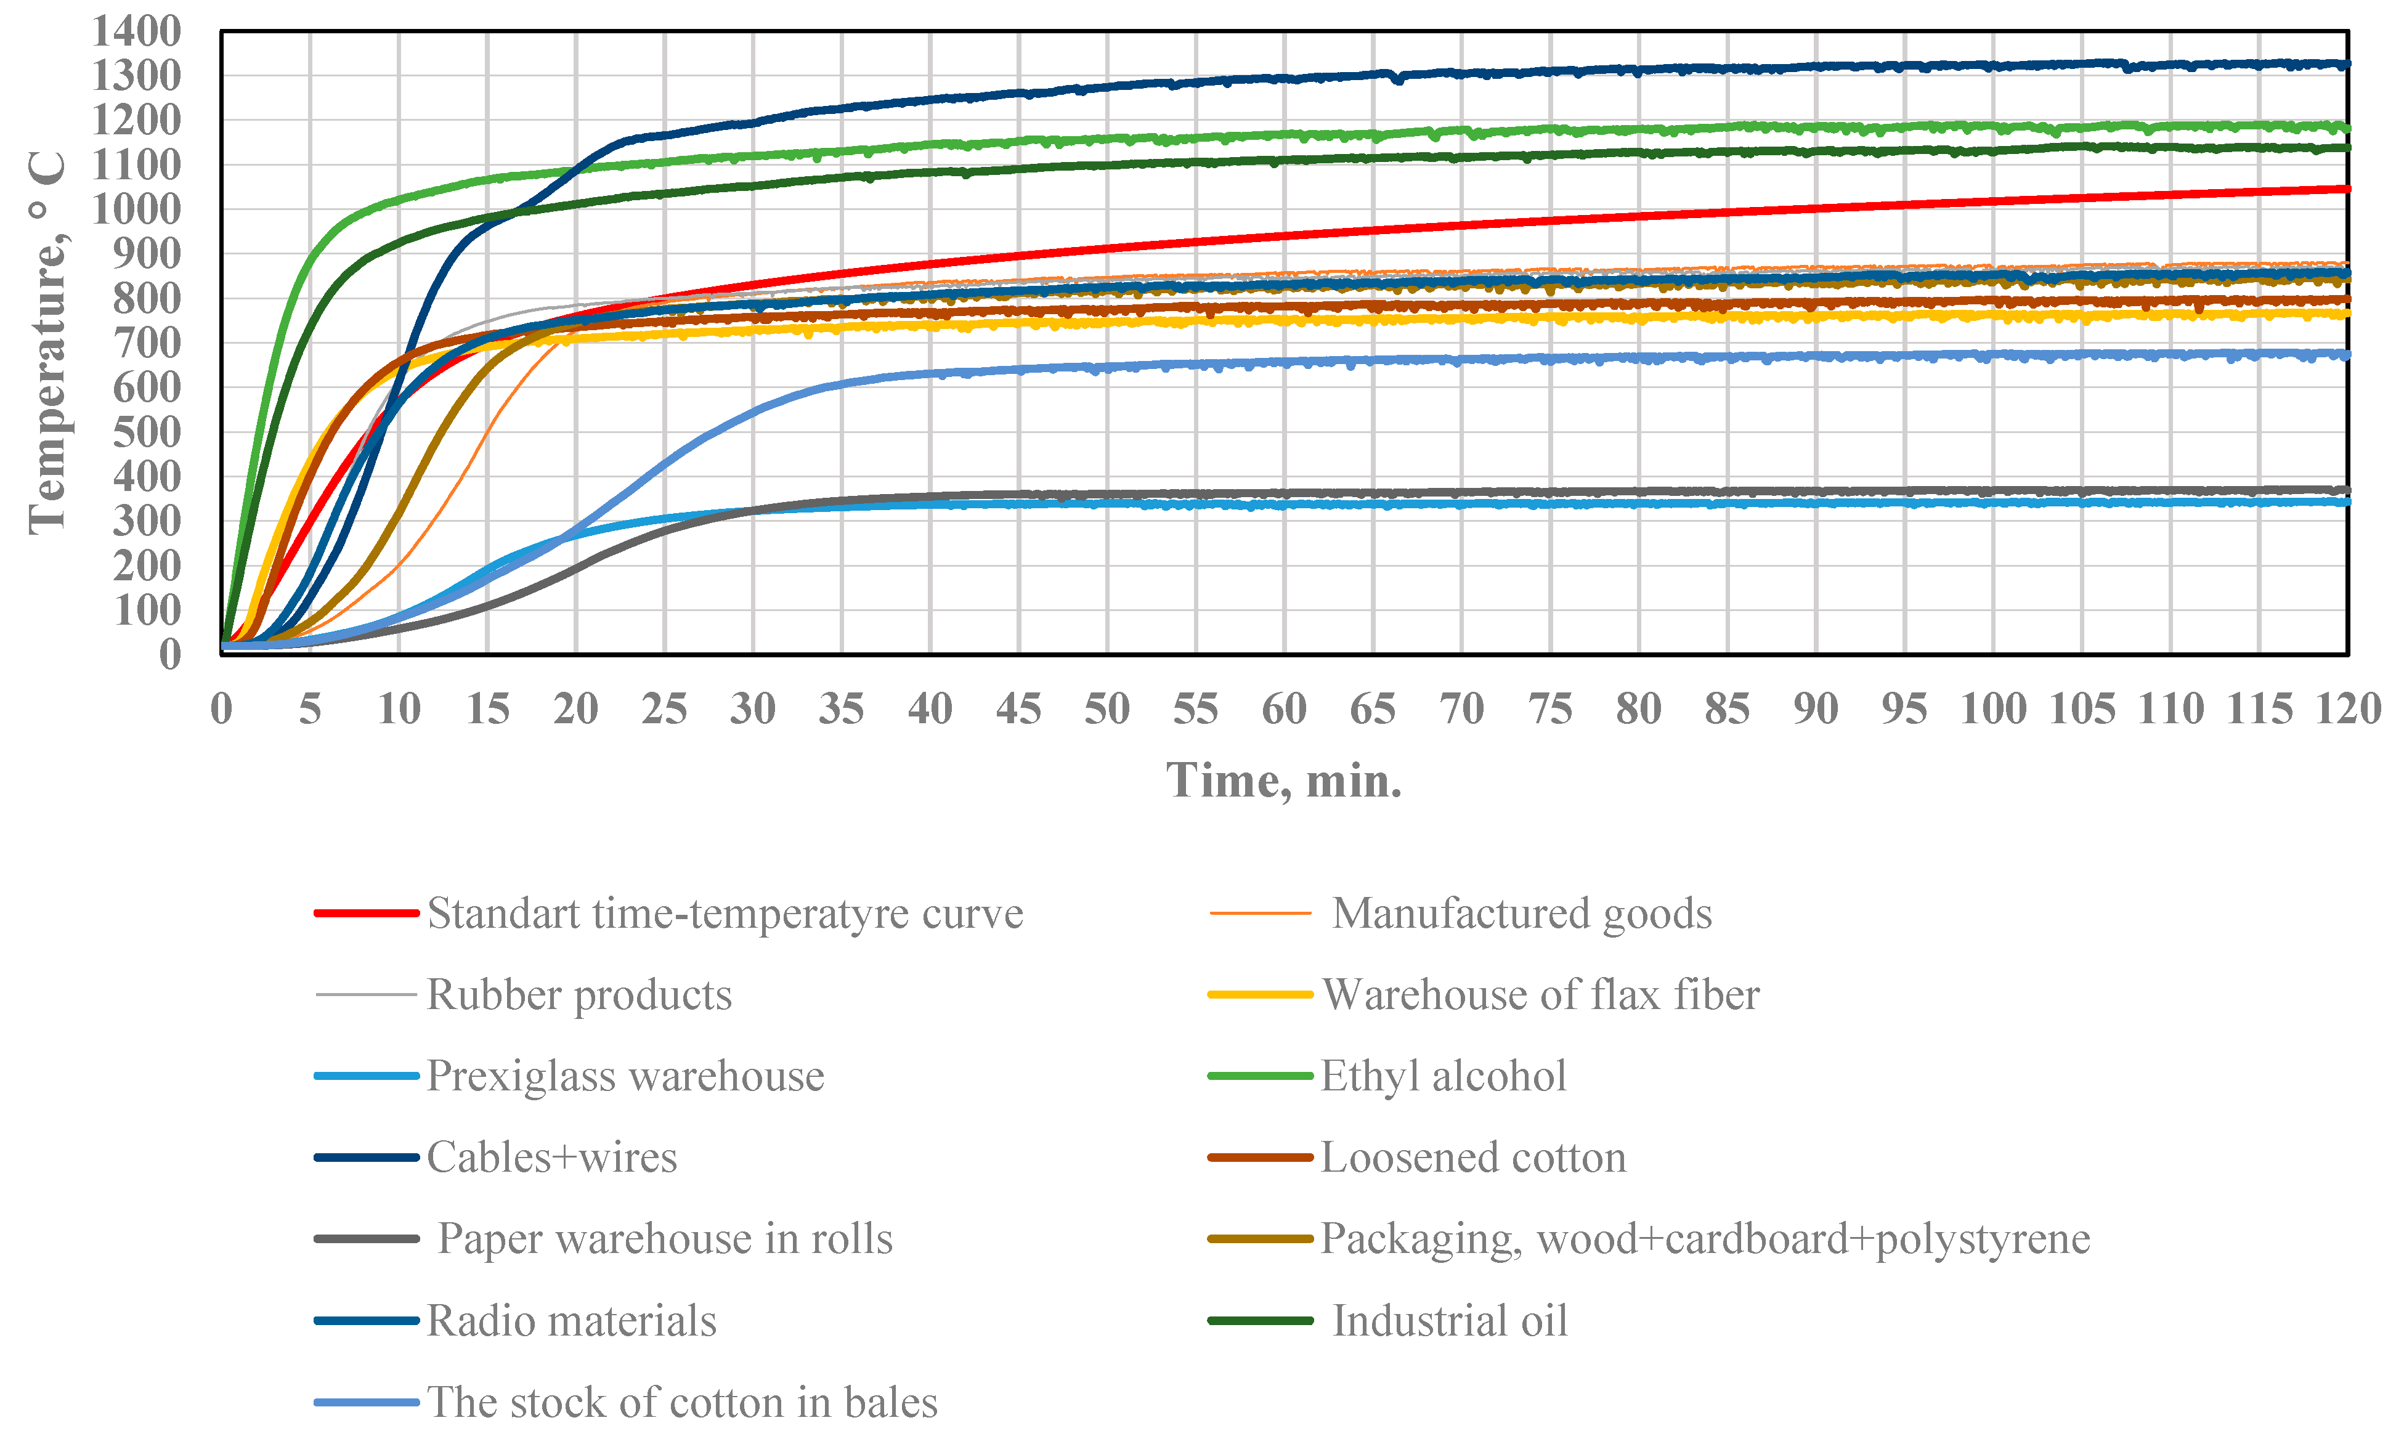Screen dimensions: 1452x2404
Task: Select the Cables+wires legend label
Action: pos(551,1158)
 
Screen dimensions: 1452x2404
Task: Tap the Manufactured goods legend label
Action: pos(1521,914)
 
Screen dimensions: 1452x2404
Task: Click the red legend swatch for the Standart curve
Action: pos(366,914)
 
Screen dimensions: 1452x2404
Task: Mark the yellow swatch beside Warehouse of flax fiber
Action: pos(1259,996)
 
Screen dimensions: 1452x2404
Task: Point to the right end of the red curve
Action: pos(2345,189)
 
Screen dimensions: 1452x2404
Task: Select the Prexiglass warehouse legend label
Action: pos(625,1076)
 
